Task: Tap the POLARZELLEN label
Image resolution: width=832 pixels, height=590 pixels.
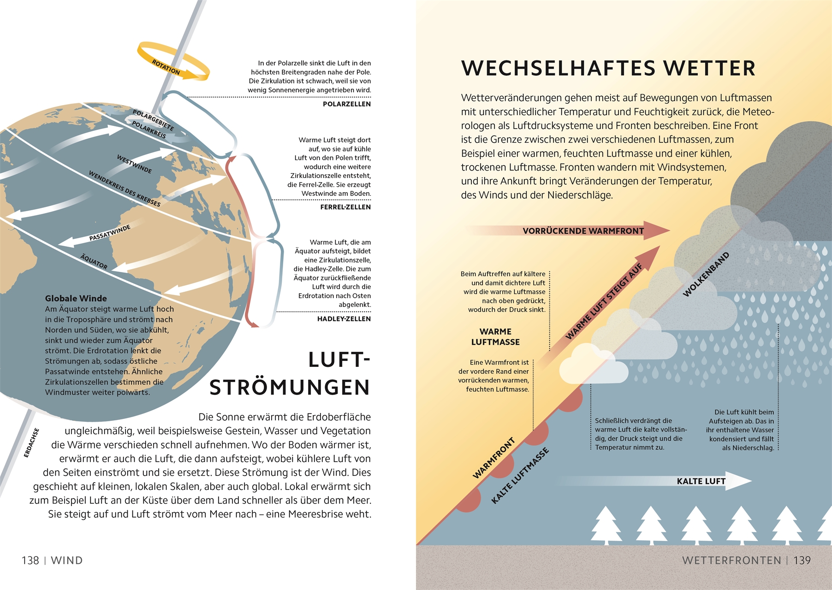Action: [347, 104]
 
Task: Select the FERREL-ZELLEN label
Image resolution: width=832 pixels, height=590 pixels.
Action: [345, 207]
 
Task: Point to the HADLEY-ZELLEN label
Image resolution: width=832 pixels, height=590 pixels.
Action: [344, 319]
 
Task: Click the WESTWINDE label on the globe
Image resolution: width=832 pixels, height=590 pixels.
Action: [134, 164]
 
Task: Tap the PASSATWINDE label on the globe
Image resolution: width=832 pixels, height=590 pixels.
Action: [110, 233]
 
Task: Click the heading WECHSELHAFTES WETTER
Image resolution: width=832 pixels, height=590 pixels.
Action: [608, 68]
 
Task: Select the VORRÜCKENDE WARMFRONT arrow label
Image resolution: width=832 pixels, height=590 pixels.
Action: [583, 231]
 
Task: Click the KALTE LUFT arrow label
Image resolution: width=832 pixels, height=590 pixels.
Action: [701, 481]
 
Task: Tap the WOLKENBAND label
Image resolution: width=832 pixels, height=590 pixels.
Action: [706, 274]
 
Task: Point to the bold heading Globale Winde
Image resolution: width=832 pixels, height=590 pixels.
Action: [76, 298]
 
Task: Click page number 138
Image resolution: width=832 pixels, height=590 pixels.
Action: [30, 560]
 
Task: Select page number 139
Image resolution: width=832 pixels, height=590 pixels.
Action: [802, 560]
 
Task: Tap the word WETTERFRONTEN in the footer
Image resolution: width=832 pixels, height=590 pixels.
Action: [732, 560]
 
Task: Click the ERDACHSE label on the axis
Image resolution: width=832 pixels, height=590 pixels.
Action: [31, 443]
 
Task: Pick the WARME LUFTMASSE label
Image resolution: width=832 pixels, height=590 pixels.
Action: [495, 337]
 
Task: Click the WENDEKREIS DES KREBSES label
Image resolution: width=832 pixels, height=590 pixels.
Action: [125, 189]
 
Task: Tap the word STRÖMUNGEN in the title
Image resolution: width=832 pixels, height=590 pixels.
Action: [290, 388]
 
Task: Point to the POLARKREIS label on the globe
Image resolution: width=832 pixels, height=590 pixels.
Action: [149, 130]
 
